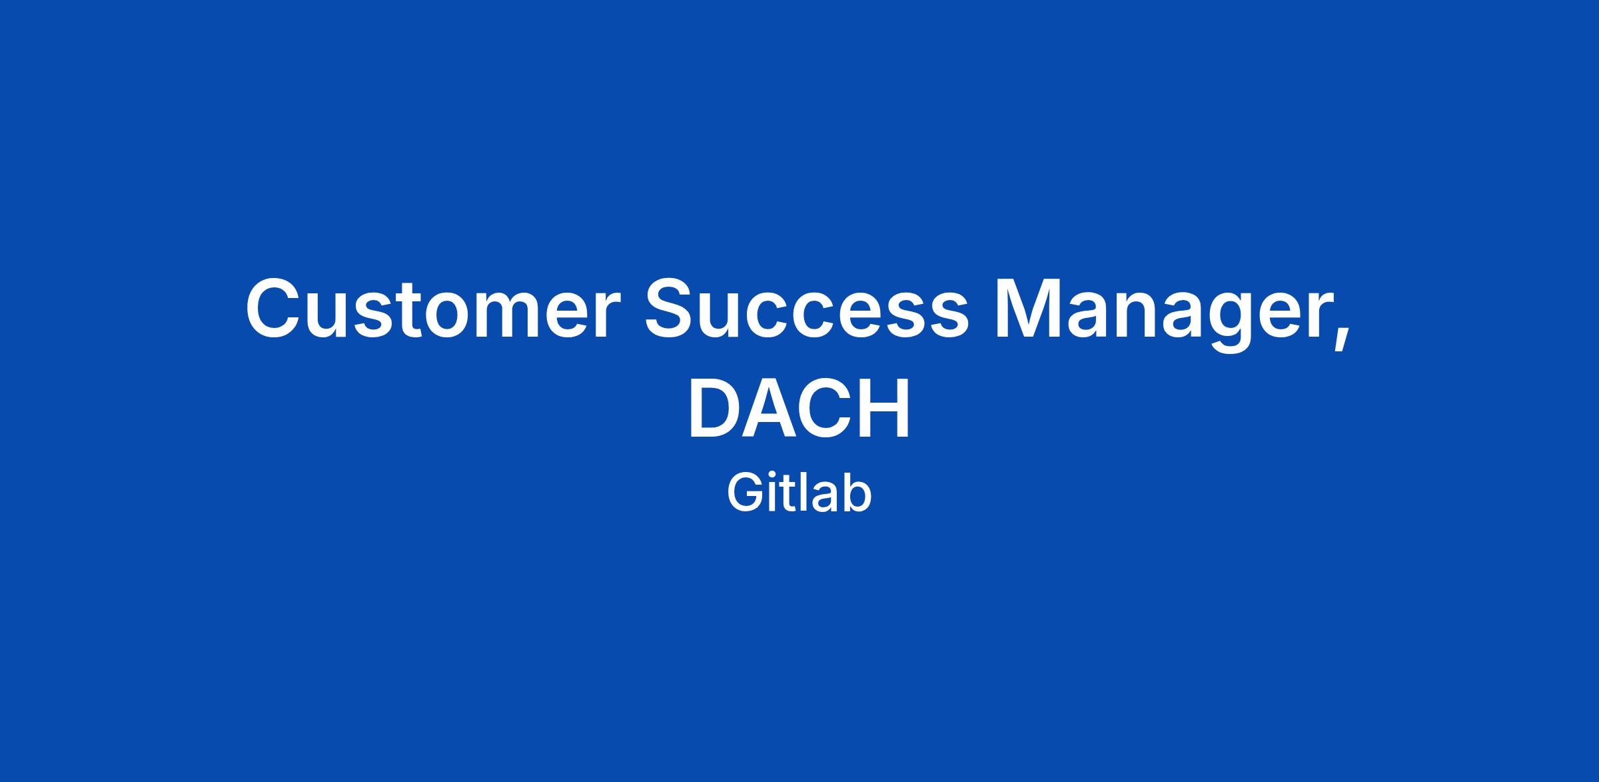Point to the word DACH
(799, 407)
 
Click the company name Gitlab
(799, 493)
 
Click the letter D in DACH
(715, 407)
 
